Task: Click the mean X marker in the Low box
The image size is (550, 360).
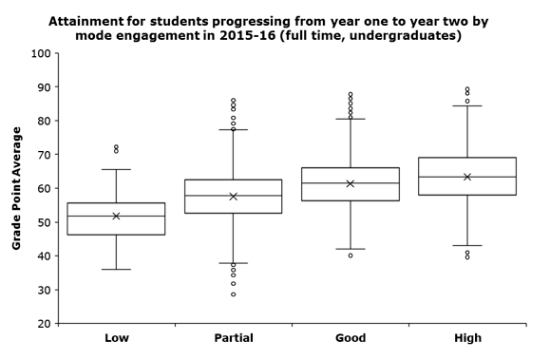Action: pos(116,216)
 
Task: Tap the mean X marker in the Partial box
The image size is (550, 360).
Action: pos(233,197)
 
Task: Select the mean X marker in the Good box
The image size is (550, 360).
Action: pos(351,183)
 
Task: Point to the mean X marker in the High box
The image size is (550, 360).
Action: pos(467,177)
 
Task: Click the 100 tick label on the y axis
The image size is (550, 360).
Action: pos(39,53)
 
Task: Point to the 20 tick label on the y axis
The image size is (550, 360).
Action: pos(43,324)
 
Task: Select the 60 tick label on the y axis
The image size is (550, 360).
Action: pos(43,189)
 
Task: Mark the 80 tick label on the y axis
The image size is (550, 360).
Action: pos(43,122)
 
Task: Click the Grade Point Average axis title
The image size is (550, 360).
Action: pos(16,188)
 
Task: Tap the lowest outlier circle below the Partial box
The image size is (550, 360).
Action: pos(233,294)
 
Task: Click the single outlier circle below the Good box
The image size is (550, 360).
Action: pos(351,256)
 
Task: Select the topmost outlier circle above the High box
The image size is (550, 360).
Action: pos(467,89)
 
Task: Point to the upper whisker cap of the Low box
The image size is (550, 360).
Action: pos(116,169)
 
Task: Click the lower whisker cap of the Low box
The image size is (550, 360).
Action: pos(116,269)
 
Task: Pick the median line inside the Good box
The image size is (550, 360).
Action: pos(351,183)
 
